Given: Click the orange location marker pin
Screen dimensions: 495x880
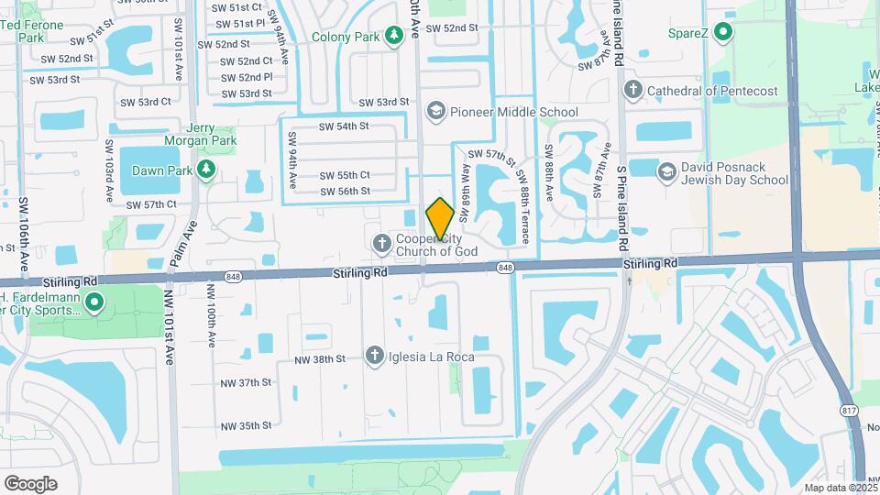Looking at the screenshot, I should [440, 219].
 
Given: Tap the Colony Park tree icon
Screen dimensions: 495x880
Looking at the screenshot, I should [394, 36].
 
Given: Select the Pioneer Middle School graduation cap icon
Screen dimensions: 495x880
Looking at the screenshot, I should [435, 112].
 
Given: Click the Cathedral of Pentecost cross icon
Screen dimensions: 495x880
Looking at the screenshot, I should [632, 90].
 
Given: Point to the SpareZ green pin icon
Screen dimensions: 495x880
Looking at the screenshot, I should [723, 34].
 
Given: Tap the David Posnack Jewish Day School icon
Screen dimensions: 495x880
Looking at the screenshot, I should [666, 170].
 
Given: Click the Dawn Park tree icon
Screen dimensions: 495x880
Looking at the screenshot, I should [207, 170].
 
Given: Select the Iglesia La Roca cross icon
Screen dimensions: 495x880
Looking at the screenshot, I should [374, 356].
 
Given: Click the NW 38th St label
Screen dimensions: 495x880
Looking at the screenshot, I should [320, 359].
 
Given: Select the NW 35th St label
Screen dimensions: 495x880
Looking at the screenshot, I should [247, 425].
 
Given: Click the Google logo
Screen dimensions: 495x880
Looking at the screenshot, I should [30, 484].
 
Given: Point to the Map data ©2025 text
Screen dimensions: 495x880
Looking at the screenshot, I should [841, 488].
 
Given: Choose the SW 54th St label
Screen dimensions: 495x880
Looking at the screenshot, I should [344, 126].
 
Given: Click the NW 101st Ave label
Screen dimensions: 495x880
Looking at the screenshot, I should [170, 332].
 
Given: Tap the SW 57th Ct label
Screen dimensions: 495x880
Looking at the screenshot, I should [151, 204].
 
